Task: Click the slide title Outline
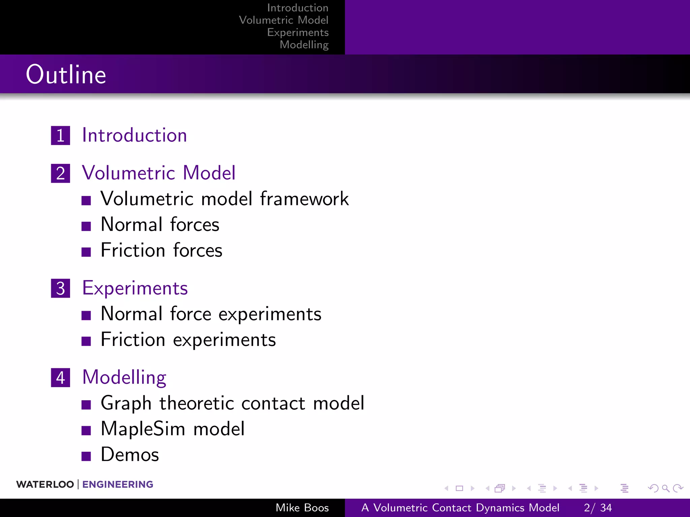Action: pos(66,74)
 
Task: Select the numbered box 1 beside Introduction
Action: pos(61,136)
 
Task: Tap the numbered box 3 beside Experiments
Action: pos(61,288)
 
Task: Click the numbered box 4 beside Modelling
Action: pos(61,378)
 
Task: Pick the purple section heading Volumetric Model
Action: pos(159,173)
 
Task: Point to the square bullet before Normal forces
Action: pos(86,226)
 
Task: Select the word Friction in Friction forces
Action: pos(133,250)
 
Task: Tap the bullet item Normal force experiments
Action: pos(211,314)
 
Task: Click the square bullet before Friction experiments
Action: pos(86,341)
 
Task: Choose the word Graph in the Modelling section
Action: pos(126,403)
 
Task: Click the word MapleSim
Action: pos(143,429)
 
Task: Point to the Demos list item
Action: pos(130,455)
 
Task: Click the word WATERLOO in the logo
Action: pos(45,484)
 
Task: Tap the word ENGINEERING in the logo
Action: pos(118,484)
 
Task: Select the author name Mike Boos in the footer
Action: pos(302,508)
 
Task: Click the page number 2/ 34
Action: pos(598,508)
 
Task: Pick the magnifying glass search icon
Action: pos(665,488)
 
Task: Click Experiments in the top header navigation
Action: pos(298,32)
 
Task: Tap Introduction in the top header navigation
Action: pos(298,8)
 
